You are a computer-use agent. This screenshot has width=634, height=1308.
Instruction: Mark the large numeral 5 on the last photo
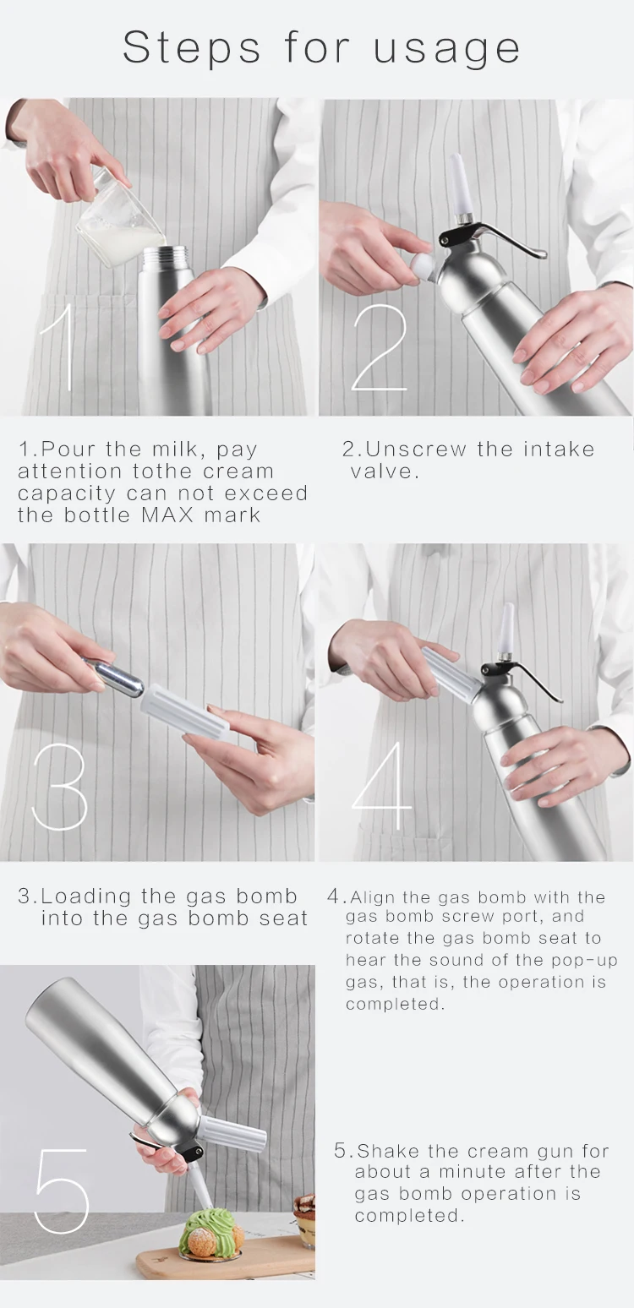click(62, 1191)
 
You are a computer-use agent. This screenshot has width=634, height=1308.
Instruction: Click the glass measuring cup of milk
click(119, 218)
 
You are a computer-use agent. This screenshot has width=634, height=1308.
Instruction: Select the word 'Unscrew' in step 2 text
click(415, 449)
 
